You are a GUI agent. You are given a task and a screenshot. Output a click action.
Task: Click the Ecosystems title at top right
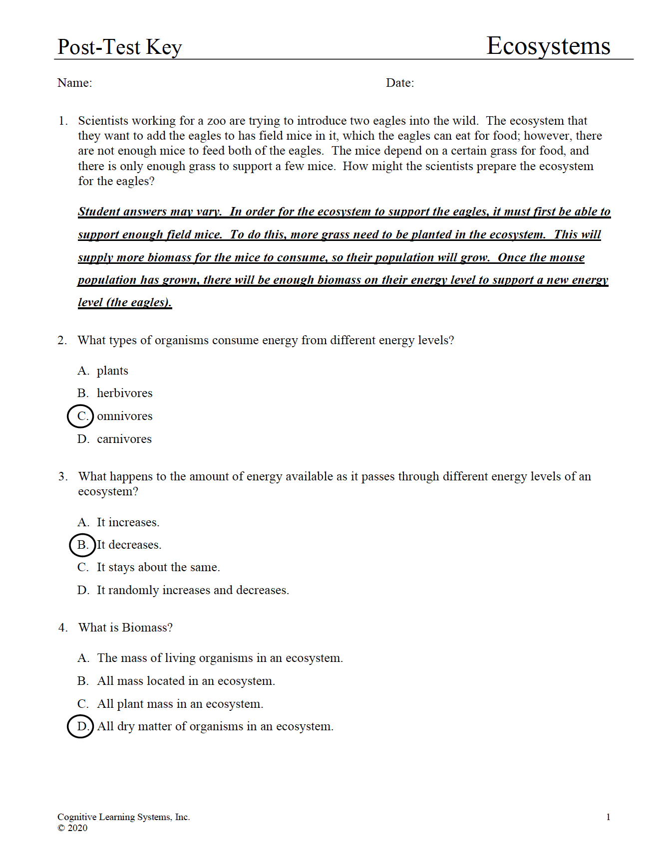[x=548, y=46]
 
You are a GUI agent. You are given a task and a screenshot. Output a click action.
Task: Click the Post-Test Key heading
[x=119, y=47]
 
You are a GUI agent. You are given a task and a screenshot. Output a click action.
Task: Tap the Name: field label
[x=75, y=83]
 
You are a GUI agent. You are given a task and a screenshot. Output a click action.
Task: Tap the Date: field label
[x=400, y=83]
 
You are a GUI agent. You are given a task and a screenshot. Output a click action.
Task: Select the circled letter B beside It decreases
[x=82, y=545]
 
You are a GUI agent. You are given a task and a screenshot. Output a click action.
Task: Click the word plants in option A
[x=112, y=371]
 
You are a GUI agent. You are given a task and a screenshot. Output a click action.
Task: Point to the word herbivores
[x=124, y=393]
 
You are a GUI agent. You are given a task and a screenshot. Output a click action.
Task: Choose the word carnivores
[x=124, y=439]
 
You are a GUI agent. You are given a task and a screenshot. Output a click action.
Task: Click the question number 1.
[x=62, y=121]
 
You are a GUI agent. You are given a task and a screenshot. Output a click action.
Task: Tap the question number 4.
[x=62, y=628]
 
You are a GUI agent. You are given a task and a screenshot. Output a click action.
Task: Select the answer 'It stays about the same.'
[x=158, y=567]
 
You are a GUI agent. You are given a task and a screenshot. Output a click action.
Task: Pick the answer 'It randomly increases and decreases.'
[x=193, y=590]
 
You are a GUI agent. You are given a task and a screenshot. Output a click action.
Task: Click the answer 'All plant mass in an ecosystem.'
[x=180, y=704]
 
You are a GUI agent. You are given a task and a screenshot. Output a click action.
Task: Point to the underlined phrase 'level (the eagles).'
[x=125, y=302]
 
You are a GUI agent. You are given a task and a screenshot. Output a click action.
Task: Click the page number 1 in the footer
[x=608, y=817]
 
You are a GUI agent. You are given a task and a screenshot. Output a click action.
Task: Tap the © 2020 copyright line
[x=72, y=828]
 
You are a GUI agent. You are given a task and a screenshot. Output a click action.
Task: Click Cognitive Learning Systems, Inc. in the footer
[x=123, y=817]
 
